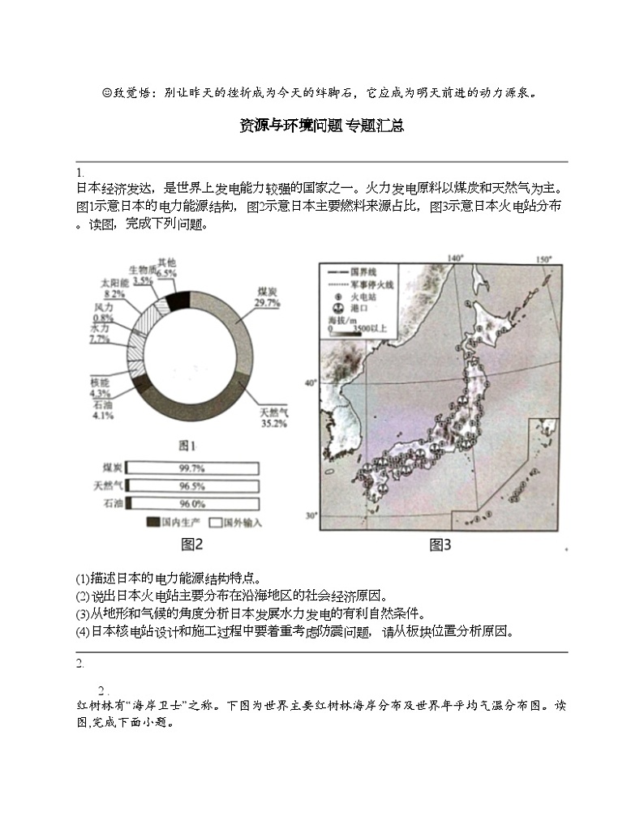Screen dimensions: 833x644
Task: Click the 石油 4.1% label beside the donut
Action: click(102, 410)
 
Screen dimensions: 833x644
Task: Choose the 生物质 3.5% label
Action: click(143, 275)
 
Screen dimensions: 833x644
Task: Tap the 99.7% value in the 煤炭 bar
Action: click(191, 468)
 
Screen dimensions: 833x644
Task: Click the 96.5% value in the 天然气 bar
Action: click(191, 486)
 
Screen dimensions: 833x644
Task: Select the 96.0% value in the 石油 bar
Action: click(191, 504)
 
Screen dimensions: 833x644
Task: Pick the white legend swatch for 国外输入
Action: click(215, 523)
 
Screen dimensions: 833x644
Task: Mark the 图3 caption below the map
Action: click(440, 545)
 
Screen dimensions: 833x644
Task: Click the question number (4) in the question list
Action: click(82, 631)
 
